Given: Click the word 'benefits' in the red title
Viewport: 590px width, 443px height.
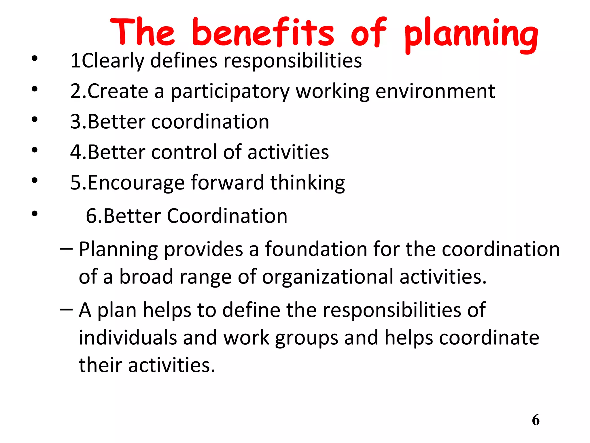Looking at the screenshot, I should pos(263,32).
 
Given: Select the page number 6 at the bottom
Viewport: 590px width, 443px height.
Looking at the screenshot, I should pos(536,420).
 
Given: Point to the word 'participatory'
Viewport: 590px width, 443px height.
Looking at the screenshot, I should pos(230,92).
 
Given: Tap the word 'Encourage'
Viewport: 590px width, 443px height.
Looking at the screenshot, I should pos(136,183).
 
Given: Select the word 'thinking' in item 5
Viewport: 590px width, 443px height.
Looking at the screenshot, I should pos(307,183).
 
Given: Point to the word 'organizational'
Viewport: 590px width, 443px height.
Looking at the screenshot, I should pos(327,277).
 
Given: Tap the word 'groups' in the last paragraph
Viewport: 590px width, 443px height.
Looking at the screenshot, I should pos(306,338).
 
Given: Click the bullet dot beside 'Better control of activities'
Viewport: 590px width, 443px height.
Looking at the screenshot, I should pos(35,150).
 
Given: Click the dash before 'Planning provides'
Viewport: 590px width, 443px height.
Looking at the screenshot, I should pos(66,248).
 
